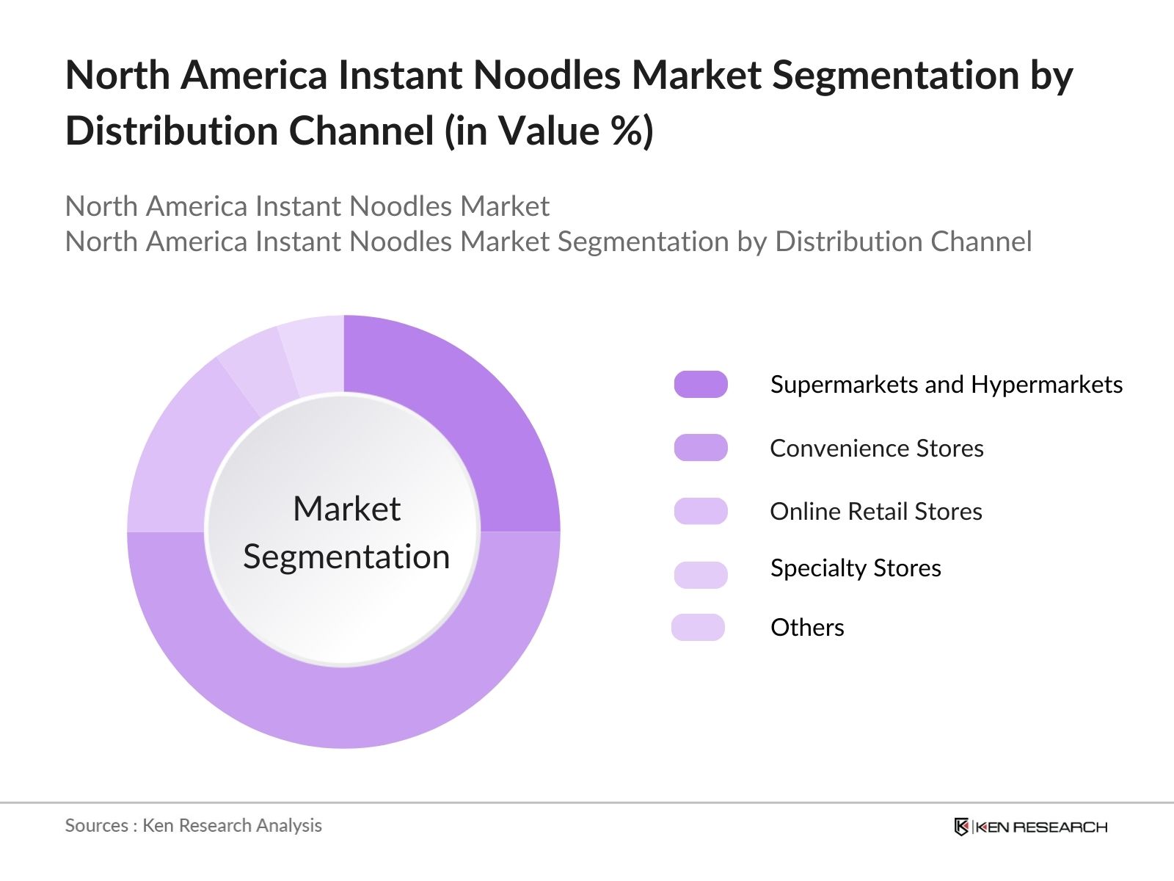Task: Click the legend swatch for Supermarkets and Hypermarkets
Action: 701,384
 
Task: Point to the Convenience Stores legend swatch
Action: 701,448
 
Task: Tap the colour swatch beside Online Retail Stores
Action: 701,511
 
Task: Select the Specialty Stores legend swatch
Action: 701,574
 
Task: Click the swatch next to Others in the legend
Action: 698,627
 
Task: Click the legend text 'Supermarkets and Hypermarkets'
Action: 946,385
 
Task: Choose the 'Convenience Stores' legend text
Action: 876,448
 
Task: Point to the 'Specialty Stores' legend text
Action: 856,568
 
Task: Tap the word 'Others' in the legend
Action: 807,628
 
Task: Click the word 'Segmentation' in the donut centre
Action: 346,556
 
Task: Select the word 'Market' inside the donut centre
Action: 346,509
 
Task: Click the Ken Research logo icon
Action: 961,827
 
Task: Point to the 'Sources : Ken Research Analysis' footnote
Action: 194,825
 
